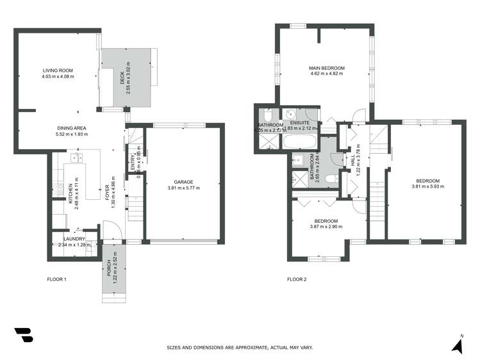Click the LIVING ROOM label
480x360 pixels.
58,70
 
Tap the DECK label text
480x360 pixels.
120,80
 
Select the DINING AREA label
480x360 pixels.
71,128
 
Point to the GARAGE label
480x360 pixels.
184,182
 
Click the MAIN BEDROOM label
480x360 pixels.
326,68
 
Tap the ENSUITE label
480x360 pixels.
299,122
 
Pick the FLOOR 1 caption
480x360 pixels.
57,279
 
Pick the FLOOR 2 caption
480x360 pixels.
297,279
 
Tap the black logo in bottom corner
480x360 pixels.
23,336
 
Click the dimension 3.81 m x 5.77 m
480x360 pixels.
184,188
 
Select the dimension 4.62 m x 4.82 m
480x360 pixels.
326,74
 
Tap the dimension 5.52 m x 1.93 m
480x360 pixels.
71,135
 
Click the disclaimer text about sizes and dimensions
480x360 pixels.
240,348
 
